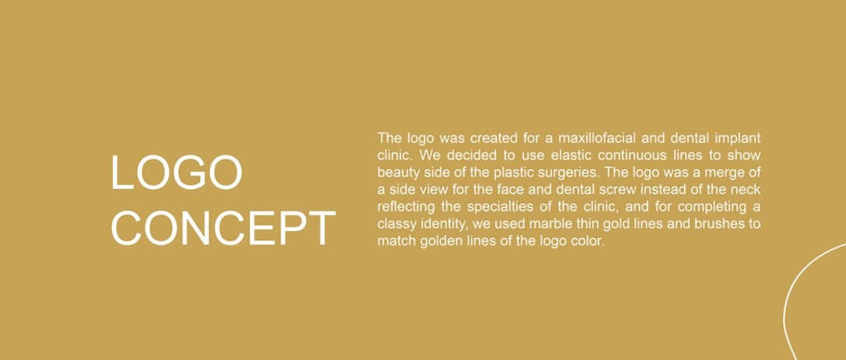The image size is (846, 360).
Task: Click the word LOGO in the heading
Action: tap(177, 173)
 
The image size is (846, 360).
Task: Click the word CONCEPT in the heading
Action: tap(223, 229)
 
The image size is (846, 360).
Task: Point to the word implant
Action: tap(738, 138)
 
